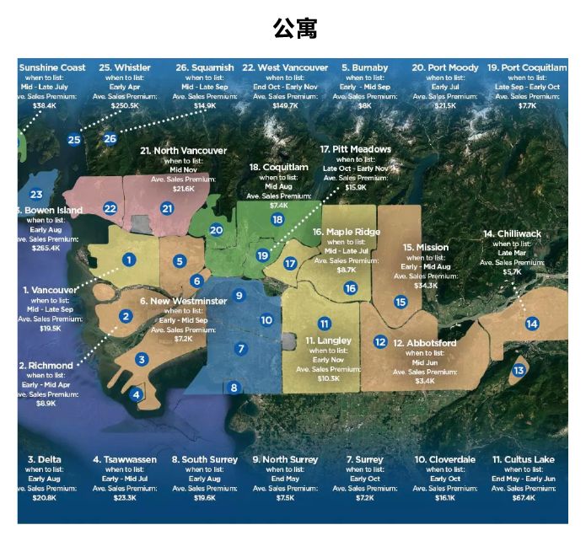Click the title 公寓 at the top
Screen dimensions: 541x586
coord(293,28)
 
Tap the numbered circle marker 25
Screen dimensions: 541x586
coord(74,139)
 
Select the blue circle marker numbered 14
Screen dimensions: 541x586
coord(531,324)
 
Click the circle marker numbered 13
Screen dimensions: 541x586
coord(519,371)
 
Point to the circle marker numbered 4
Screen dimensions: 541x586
coord(136,393)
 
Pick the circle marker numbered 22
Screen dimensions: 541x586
coord(110,207)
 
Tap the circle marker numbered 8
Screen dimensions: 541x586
coord(234,388)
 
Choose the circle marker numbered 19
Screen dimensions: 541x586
coord(262,255)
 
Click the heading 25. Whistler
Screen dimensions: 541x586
coord(125,67)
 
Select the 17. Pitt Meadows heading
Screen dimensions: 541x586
coord(356,149)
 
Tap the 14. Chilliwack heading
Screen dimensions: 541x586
coord(512,233)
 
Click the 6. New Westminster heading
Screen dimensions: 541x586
coord(183,301)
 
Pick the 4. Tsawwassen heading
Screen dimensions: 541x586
coord(125,460)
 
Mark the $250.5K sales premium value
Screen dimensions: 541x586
coord(125,105)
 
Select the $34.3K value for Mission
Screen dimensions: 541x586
coord(426,286)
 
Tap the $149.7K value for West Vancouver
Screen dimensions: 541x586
coord(285,105)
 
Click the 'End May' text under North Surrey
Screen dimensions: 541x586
coord(285,479)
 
